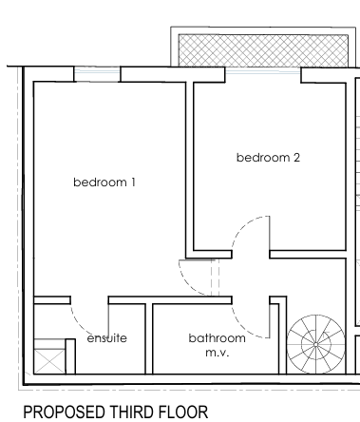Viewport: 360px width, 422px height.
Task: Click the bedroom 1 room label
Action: coord(104,182)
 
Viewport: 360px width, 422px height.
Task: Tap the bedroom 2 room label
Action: coord(268,158)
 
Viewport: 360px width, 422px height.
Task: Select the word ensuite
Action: coord(107,338)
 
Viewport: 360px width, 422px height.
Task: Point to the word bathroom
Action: coord(217,338)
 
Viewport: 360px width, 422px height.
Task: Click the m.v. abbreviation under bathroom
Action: coord(218,353)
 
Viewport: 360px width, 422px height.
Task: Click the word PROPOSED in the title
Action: coord(65,412)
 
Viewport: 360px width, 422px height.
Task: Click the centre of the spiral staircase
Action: coord(315,344)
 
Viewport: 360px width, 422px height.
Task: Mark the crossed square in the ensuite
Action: coord(49,361)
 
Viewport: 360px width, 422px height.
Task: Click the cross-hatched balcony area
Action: coord(263,50)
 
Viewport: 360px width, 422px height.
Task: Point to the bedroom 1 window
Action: coord(97,74)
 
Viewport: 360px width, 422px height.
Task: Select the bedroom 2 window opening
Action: coord(263,71)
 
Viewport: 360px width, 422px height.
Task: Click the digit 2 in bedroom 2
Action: coord(296,158)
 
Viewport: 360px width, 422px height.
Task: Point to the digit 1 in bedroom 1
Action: coord(133,182)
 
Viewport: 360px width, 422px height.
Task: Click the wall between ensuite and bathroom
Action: coord(149,338)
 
